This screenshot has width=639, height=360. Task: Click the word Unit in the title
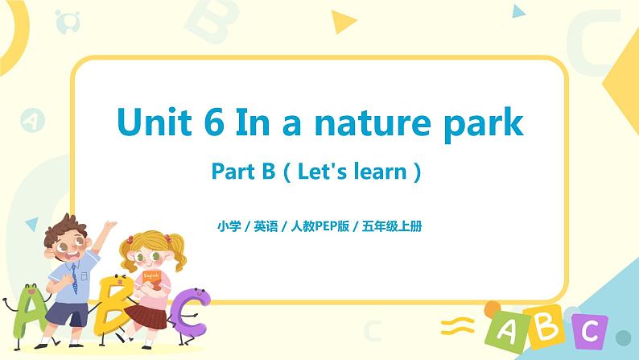coord(159,122)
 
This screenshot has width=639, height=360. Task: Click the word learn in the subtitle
coord(378,171)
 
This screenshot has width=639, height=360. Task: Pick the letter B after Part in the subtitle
coord(262,171)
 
